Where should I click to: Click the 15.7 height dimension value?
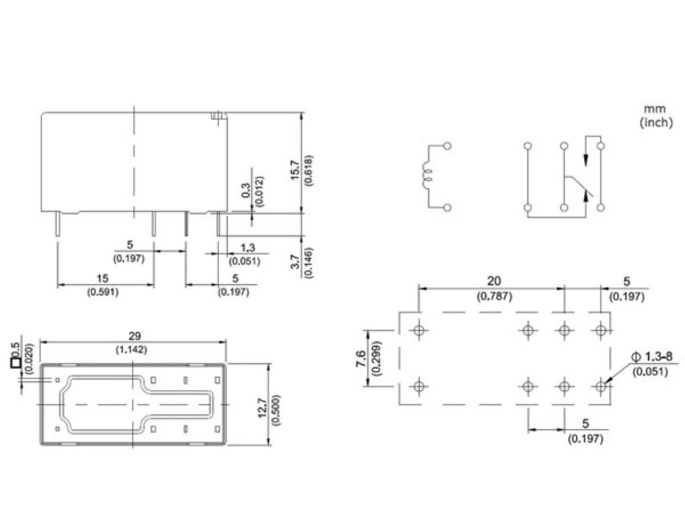[x=295, y=171]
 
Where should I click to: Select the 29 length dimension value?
[x=134, y=336]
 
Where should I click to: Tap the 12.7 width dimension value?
[x=263, y=408]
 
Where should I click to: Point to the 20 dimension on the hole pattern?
[x=494, y=281]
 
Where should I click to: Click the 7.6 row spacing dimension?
[x=361, y=359]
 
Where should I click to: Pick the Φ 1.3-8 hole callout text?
[x=652, y=357]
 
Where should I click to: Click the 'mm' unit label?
[x=655, y=108]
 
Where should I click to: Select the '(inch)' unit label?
[x=656, y=122]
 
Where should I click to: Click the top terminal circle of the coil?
[x=447, y=146]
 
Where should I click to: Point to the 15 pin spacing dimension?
[x=102, y=278]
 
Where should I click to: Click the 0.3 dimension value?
[x=246, y=190]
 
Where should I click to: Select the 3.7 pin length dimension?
[x=296, y=262]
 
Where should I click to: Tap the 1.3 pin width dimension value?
[x=248, y=248]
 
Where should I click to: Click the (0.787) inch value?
[x=494, y=296]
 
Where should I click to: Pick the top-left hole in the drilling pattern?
[x=419, y=330]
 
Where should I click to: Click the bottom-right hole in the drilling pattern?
[x=601, y=386]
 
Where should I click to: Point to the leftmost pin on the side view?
[x=58, y=224]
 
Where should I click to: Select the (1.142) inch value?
[x=132, y=349]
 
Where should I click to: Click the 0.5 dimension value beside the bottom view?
[x=16, y=349]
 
